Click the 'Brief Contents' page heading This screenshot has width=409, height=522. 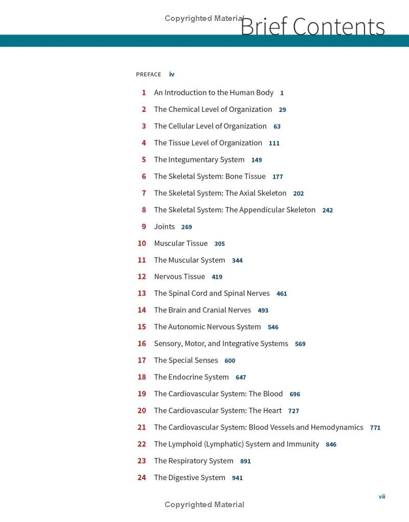312,27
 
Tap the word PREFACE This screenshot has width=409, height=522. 148,75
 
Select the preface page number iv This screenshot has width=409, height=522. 172,75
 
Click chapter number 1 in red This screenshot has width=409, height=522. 144,92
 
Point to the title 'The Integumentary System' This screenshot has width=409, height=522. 199,159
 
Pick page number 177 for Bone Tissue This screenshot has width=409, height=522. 278,177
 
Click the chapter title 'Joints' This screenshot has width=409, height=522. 164,226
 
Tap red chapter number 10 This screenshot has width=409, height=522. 142,243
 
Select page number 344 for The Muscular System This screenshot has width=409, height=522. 237,260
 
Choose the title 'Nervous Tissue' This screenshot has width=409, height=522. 179,276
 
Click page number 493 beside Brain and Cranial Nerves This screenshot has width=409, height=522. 263,311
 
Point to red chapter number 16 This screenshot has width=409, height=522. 142,344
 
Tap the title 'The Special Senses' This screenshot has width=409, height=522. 186,360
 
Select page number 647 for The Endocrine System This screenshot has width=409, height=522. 241,377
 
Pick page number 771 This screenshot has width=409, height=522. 375,428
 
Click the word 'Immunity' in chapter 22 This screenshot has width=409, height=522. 303,444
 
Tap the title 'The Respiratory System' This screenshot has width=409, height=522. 193,461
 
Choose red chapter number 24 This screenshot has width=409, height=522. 142,478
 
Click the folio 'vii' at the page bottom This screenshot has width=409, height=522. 381,496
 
